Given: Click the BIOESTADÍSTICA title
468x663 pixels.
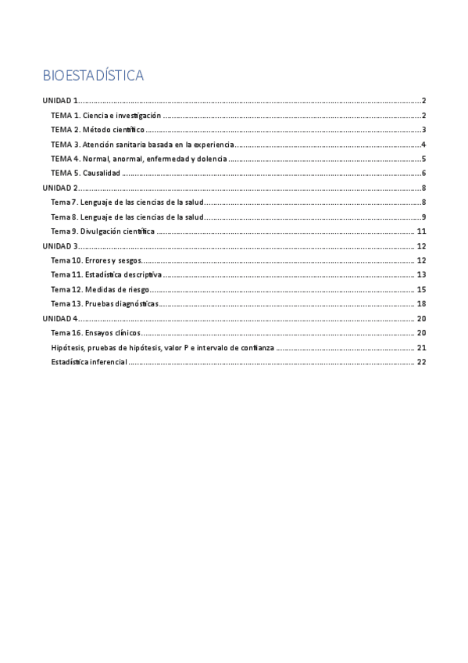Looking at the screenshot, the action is [x=93, y=76].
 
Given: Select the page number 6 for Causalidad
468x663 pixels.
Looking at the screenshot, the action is [x=423, y=173].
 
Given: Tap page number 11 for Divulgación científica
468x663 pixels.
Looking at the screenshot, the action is [x=420, y=231].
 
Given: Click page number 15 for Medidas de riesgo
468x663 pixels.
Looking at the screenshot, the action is [x=420, y=289].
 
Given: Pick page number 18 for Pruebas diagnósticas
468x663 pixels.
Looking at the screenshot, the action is [x=420, y=303].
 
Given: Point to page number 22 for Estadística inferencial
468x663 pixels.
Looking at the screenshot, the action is [x=420, y=362].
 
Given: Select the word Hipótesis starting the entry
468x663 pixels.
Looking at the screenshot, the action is [x=66, y=347].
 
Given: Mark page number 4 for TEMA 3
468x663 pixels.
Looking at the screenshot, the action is [x=423, y=144].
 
